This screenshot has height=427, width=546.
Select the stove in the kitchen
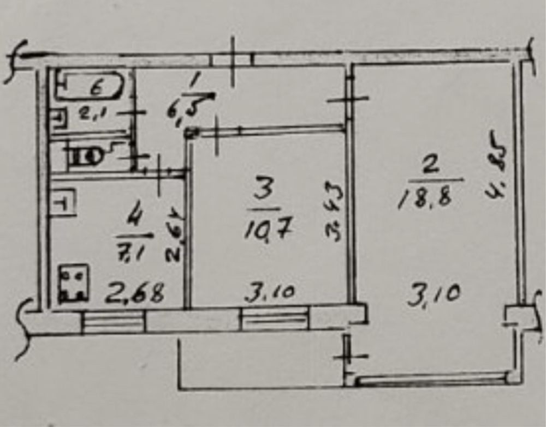[x=74, y=283]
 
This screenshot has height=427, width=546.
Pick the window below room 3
[x=275, y=318]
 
